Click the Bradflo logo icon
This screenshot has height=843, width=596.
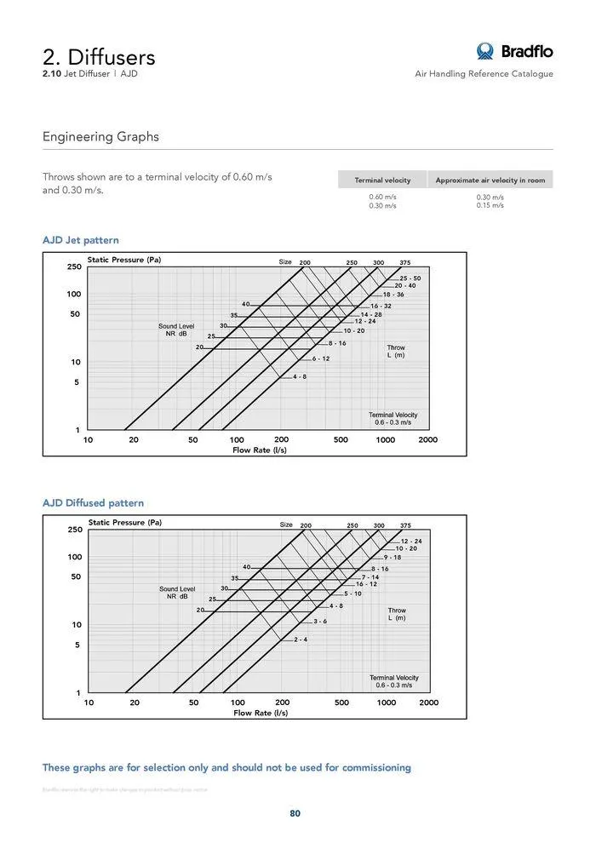485,52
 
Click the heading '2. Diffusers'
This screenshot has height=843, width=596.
99,57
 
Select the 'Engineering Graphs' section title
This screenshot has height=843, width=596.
100,137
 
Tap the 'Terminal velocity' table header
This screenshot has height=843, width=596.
382,181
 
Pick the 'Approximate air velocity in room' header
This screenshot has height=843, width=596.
490,181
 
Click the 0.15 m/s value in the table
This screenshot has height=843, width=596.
490,205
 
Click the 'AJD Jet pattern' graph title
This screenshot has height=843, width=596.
81,240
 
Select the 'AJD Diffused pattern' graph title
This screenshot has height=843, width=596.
93,503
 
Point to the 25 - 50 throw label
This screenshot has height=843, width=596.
410,278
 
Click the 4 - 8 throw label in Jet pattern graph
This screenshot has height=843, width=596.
300,376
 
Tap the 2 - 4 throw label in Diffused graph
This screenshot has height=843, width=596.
301,639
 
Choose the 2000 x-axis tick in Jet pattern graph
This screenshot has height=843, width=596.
428,440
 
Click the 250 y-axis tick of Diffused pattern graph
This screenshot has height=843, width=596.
74,530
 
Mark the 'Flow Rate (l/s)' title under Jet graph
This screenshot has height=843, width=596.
260,450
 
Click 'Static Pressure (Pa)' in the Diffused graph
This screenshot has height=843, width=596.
125,523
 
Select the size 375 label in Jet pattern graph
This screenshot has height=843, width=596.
405,262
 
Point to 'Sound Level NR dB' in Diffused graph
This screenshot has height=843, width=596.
177,593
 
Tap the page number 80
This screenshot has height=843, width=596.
295,813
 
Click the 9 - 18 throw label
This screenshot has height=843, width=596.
393,558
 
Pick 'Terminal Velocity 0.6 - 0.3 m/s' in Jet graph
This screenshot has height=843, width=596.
393,418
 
